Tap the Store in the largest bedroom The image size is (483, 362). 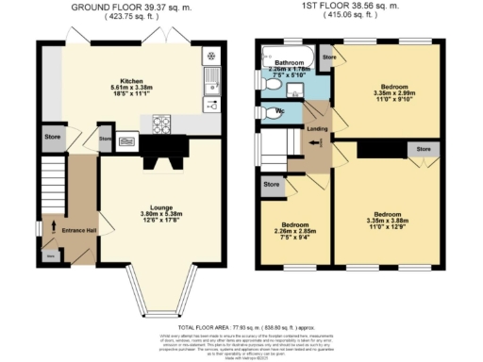[x=423, y=148]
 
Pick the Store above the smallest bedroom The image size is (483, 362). [x=272, y=185]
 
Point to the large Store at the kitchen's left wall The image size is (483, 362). [x=52, y=137]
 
